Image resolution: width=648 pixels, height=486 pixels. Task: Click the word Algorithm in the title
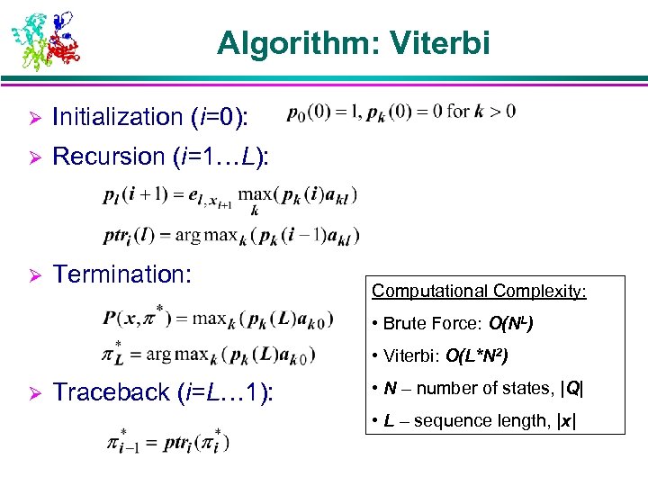click(x=290, y=43)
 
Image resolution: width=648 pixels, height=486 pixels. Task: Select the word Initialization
click(x=118, y=116)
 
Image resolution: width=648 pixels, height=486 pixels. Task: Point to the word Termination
click(x=122, y=274)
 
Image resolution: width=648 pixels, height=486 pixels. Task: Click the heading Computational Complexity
click(x=479, y=291)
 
